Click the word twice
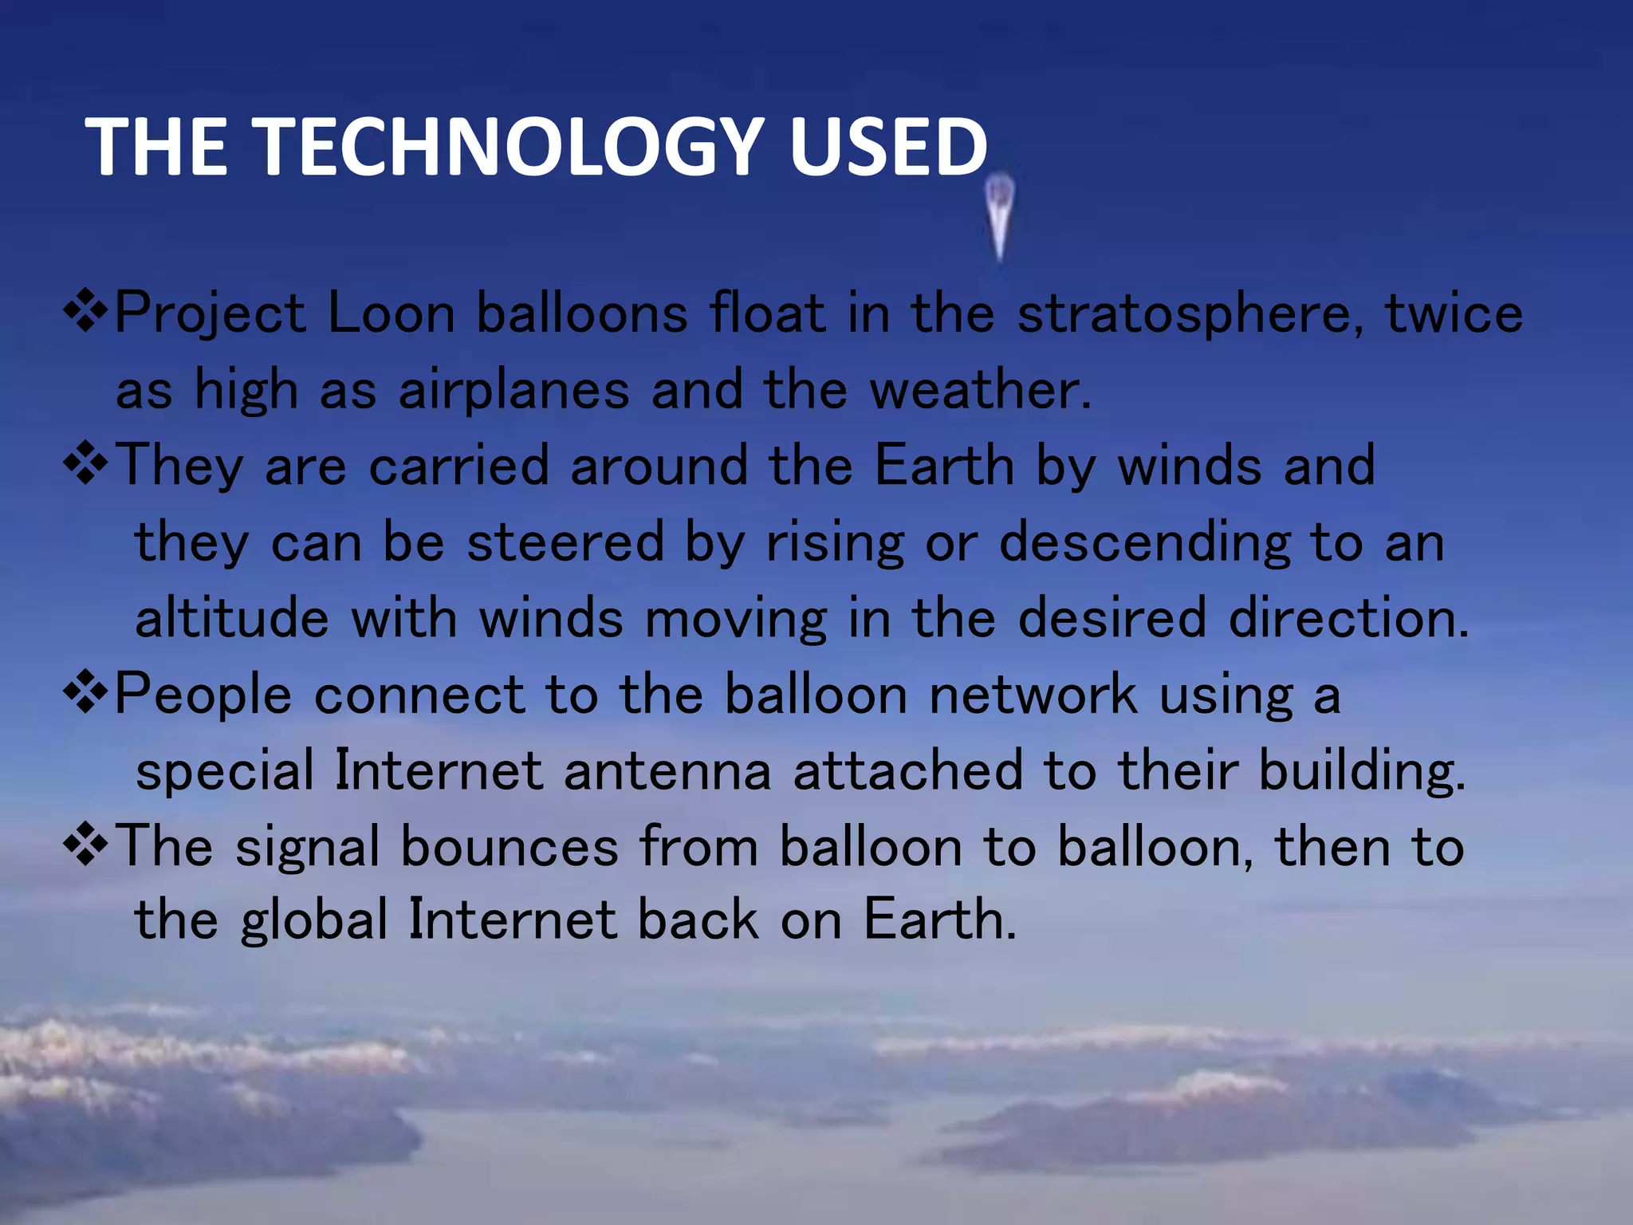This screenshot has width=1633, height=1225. click(x=1454, y=313)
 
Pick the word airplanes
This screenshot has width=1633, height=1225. click(x=514, y=390)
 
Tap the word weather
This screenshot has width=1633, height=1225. click(x=979, y=390)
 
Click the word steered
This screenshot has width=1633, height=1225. click(x=565, y=542)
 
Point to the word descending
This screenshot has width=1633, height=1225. click(x=1144, y=543)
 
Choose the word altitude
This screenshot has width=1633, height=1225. click(x=232, y=618)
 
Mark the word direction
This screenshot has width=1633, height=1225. click(x=1348, y=618)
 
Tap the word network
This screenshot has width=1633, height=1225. click(x=1033, y=694)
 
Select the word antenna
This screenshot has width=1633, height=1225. click(x=667, y=771)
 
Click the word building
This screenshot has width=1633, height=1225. click(x=1362, y=771)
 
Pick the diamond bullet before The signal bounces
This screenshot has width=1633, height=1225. click(x=85, y=846)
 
